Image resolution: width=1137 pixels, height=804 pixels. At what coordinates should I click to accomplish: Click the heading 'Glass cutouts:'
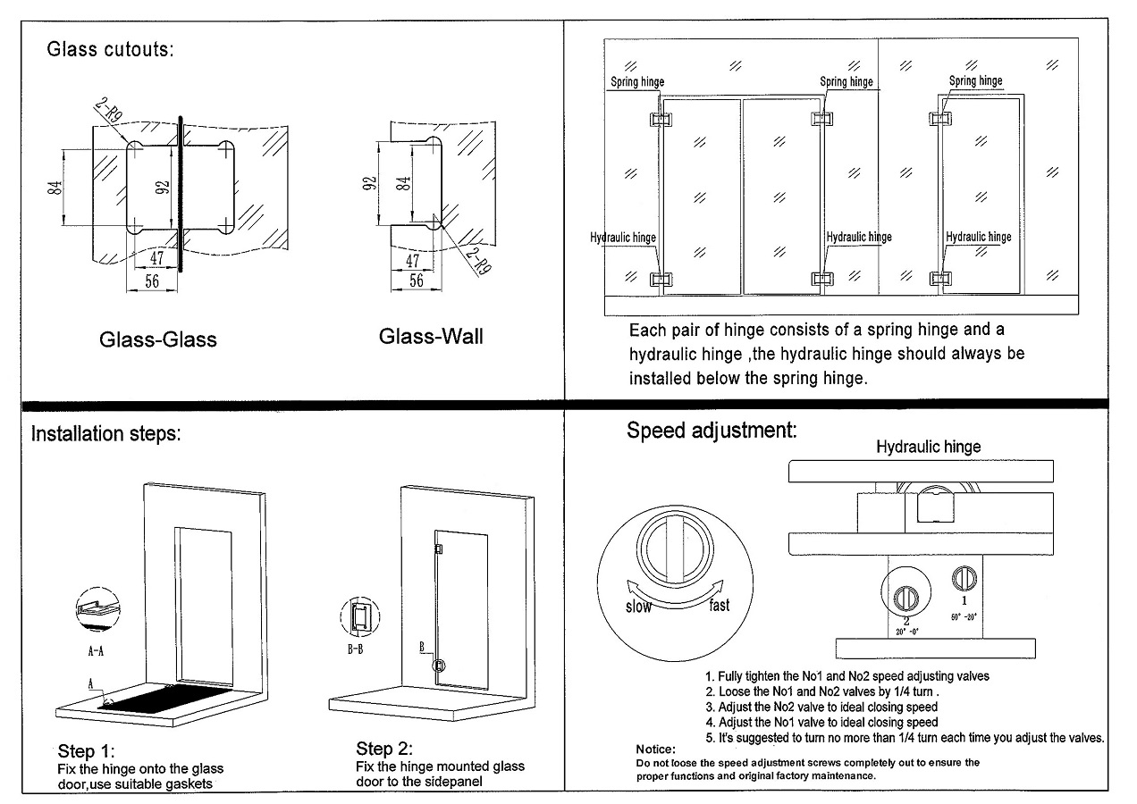[x=110, y=49]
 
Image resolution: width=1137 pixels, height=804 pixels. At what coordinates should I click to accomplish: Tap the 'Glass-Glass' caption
[x=157, y=339]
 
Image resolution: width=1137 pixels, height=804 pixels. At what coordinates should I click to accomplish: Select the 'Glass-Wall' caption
[x=431, y=337]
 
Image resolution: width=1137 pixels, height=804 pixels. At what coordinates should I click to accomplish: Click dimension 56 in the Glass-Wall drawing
[x=416, y=280]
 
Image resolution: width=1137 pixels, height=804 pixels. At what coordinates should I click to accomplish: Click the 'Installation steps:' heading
[x=106, y=435]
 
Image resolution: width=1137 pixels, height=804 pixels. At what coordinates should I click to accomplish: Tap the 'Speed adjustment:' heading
[x=711, y=431]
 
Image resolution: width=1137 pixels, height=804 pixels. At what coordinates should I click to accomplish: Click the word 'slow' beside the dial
[x=638, y=607]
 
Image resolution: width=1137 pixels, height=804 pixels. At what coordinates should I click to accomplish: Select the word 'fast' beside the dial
[x=719, y=606]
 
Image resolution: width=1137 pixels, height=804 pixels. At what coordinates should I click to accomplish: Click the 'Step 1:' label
[x=87, y=750]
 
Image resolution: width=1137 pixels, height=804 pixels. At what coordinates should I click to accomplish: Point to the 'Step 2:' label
[x=384, y=748]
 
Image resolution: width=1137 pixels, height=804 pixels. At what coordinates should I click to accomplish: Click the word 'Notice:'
[x=655, y=749]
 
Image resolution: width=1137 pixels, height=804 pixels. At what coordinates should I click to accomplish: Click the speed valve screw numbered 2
[x=906, y=594]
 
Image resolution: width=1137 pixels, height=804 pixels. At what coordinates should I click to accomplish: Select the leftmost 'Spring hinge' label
[x=637, y=82]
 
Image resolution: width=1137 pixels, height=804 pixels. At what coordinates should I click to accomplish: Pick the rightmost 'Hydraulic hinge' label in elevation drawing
[x=979, y=237]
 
